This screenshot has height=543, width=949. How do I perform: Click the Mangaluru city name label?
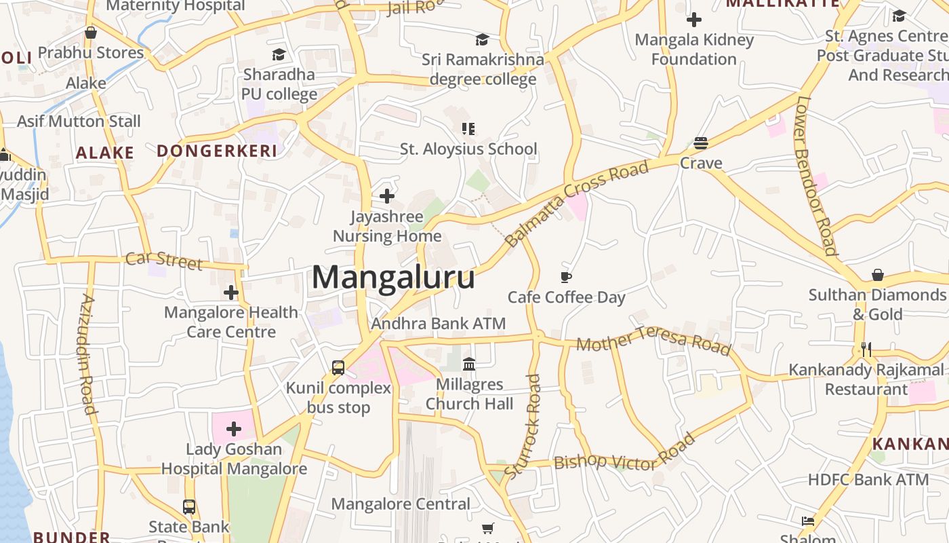[393, 278]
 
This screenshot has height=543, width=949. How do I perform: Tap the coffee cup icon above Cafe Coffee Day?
[566, 277]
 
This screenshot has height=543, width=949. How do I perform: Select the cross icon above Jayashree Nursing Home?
[387, 196]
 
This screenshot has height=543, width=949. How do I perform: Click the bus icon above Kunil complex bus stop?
[338, 368]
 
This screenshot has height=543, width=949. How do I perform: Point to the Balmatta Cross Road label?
[577, 203]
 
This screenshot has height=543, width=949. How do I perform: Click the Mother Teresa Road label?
[653, 340]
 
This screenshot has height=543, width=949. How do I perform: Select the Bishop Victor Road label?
[624, 453]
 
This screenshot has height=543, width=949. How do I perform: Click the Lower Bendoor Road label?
[816, 174]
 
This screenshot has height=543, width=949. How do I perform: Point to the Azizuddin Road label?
[87, 354]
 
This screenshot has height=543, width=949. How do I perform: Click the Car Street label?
[164, 260]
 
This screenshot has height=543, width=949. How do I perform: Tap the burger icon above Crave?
[701, 143]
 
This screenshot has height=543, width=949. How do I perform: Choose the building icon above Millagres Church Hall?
[468, 364]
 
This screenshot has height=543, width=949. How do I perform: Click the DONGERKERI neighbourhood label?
[217, 151]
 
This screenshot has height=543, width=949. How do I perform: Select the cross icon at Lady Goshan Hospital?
[234, 429]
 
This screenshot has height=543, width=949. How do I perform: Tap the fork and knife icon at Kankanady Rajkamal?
[866, 350]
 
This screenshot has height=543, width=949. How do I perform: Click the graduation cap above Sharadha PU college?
[279, 54]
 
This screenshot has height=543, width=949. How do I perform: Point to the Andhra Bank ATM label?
[438, 323]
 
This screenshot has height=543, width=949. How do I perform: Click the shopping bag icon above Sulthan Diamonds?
[878, 275]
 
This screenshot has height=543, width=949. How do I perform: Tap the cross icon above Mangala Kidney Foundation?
[694, 20]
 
